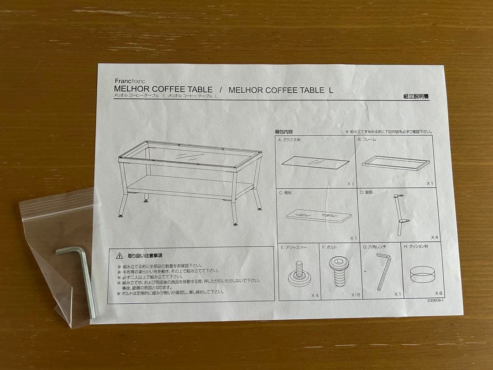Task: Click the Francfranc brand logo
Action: click(130, 80)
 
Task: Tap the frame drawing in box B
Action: click(396, 163)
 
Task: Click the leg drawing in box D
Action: click(399, 213)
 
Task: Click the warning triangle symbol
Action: click(119, 256)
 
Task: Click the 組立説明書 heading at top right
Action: click(416, 96)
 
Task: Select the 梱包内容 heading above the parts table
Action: click(284, 132)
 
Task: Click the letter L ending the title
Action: click(330, 90)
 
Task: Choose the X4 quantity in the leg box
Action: click(435, 238)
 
